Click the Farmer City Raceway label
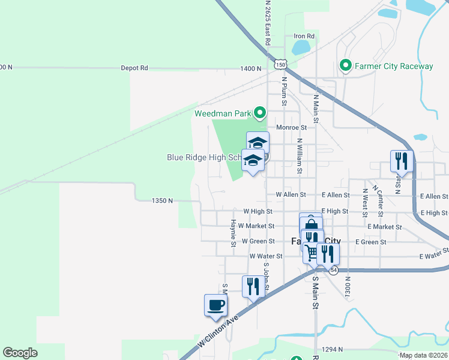click(394, 66)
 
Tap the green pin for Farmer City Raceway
click(345, 65)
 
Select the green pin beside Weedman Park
click(260, 113)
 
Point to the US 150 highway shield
click(281, 64)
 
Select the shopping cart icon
click(311, 253)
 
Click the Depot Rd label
click(134, 68)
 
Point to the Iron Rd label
click(304, 36)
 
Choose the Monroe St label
click(292, 127)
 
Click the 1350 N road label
click(162, 200)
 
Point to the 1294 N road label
click(331, 349)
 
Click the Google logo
click(20, 353)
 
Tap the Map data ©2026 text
click(423, 355)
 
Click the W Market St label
click(256, 226)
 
